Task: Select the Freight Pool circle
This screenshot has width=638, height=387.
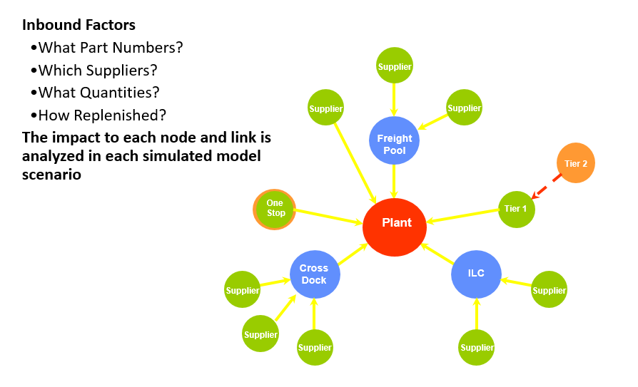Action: coord(394,140)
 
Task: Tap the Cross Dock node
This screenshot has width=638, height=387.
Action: coord(315,274)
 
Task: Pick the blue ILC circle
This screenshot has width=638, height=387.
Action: coord(476,274)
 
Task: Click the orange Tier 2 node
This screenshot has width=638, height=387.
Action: coord(575,163)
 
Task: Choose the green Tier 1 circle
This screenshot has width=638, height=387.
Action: coord(516,209)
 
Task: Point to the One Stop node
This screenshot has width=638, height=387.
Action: coord(275,209)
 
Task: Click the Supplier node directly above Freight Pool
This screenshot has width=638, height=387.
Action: coord(394,66)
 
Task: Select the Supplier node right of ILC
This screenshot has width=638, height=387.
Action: coord(550,289)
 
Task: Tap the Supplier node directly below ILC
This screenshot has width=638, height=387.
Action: coord(477,347)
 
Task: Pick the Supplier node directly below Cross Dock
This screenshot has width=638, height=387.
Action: coord(315,347)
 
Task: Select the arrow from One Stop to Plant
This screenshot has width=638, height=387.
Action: coord(328,217)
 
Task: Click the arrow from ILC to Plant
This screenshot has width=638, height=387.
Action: coord(437,254)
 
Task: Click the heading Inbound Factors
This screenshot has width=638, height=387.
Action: coord(79,26)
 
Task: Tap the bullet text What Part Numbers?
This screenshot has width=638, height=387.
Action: coord(111,48)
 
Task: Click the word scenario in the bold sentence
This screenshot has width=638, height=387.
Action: coord(51,173)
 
